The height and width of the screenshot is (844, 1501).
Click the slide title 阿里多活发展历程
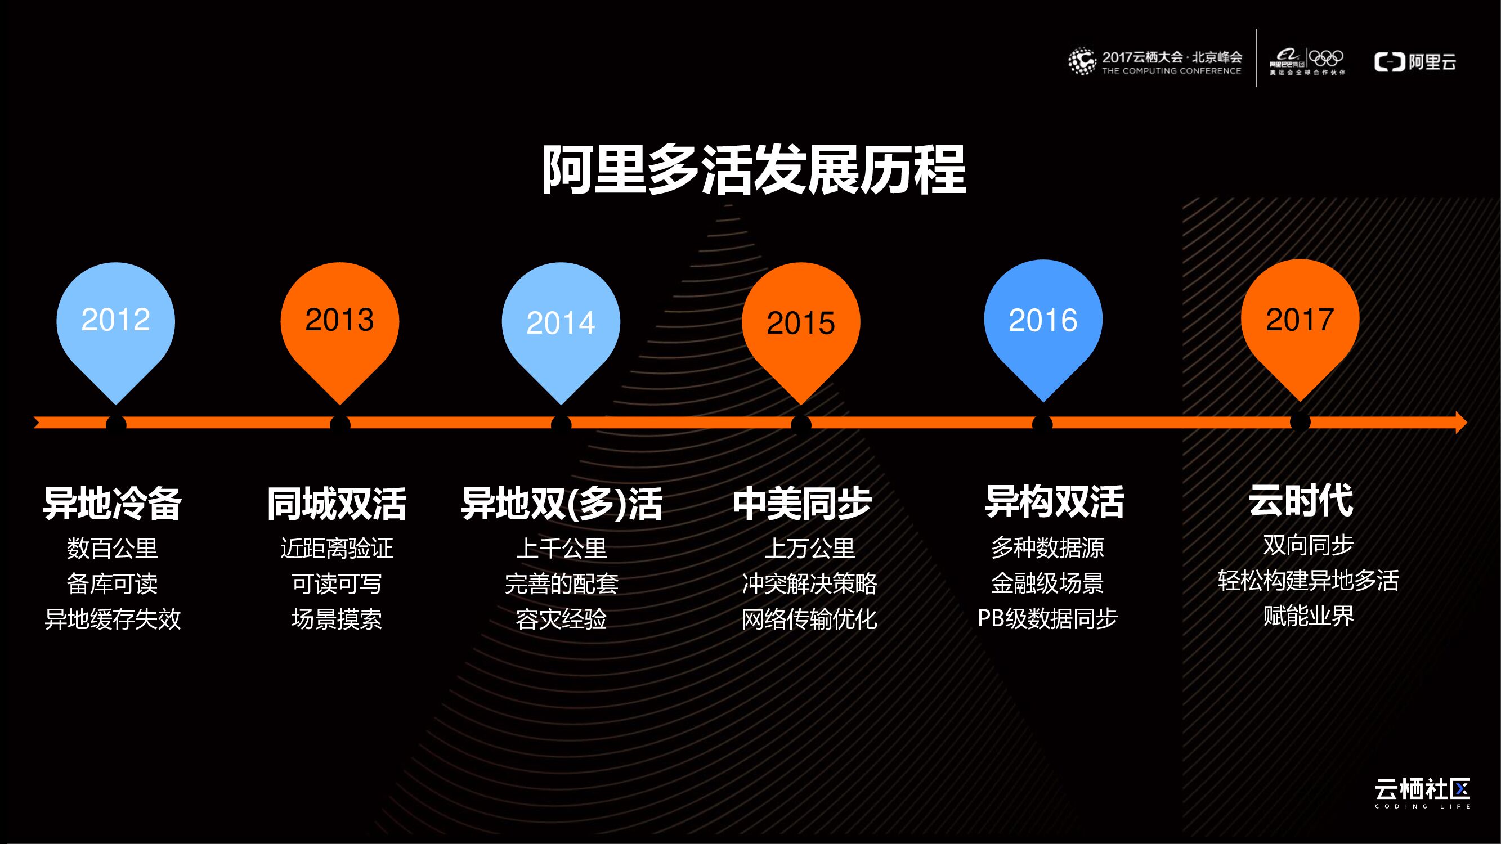click(754, 169)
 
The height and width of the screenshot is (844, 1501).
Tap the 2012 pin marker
click(115, 333)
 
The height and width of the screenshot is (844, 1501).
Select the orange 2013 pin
click(340, 333)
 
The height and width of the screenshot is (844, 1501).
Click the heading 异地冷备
click(113, 502)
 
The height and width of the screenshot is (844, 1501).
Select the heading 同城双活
click(337, 502)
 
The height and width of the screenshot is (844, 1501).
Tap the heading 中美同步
click(802, 502)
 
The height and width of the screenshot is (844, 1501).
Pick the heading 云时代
click(1301, 500)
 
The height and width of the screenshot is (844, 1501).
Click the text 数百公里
click(113, 548)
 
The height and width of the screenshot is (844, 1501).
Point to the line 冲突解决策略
click(809, 583)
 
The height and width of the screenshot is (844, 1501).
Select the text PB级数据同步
click(1047, 618)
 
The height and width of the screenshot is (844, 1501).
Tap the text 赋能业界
click(1309, 615)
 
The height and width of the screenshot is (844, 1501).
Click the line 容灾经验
click(561, 618)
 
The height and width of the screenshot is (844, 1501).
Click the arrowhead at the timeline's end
click(1462, 423)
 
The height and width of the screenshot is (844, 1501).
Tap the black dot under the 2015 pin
click(801, 424)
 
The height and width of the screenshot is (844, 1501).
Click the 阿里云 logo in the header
click(1415, 62)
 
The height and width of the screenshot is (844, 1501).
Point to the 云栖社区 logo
click(1422, 793)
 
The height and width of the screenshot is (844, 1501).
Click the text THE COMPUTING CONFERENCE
click(1171, 71)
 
